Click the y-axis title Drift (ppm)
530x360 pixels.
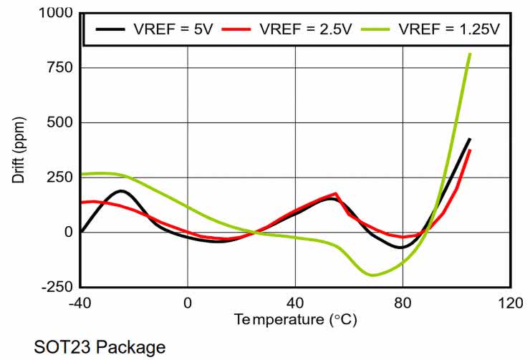(19, 150)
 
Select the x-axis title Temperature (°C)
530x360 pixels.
(295, 319)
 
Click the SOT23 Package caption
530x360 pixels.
(100, 348)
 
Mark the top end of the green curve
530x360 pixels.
(470, 54)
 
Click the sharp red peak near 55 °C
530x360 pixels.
(336, 193)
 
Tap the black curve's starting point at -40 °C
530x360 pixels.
(81, 232)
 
